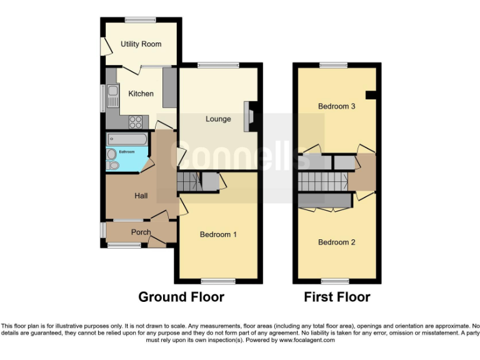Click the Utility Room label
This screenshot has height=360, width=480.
[141, 44]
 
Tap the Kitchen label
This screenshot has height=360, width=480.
[141, 94]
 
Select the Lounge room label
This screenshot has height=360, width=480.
[218, 119]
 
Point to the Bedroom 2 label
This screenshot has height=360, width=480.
[336, 242]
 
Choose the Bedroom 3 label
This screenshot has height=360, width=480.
[336, 106]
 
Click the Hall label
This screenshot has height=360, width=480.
[141, 196]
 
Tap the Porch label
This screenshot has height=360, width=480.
[141, 232]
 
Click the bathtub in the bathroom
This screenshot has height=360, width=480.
[127, 139]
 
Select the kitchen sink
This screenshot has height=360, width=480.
[112, 97]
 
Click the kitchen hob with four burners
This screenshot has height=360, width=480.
[136, 122]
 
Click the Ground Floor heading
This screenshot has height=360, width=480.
[181, 296]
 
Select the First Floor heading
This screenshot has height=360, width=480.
[337, 296]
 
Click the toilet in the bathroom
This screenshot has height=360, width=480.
[113, 166]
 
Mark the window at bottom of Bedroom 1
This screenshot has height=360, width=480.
[217, 281]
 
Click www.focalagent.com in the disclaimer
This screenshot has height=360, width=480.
[307, 341]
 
